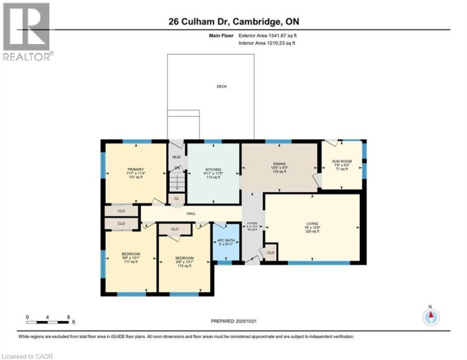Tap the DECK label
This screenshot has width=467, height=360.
(x=222, y=86)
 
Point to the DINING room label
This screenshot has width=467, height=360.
(x=280, y=164)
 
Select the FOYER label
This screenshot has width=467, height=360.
(x=252, y=224)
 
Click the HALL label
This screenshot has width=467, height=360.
(x=191, y=213)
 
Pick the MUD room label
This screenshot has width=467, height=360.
(x=175, y=156)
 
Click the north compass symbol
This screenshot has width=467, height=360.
(x=431, y=317)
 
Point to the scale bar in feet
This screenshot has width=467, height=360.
(x=48, y=318)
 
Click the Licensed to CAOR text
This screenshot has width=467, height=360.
(x=28, y=355)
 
